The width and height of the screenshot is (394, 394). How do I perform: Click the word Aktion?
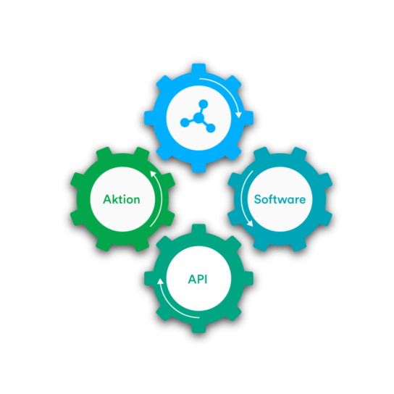122,199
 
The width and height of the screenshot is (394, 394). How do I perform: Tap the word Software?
280,199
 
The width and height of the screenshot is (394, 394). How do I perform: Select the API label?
198,279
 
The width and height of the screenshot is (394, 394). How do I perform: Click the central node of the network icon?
198,117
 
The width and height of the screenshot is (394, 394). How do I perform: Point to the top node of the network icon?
204,104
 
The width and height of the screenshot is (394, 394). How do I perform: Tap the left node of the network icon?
185,122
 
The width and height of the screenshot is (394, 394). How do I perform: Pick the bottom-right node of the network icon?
211,128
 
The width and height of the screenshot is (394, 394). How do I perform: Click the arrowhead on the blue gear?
238,115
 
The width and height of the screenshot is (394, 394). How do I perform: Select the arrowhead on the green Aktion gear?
153,174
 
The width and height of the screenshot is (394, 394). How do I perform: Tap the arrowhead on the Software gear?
250,223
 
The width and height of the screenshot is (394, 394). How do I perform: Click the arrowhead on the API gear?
160,281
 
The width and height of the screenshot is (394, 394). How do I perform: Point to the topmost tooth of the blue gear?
198,68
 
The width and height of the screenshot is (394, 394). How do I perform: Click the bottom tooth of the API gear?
198,328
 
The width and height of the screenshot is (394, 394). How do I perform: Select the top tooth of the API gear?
198,229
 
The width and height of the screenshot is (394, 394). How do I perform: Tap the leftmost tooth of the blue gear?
149,118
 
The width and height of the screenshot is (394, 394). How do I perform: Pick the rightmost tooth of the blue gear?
248,118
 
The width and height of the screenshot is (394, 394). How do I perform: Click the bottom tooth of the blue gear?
198,167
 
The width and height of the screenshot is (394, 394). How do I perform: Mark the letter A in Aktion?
107,199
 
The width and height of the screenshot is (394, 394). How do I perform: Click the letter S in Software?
258,199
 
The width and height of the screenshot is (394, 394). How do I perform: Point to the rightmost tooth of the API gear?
248,278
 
